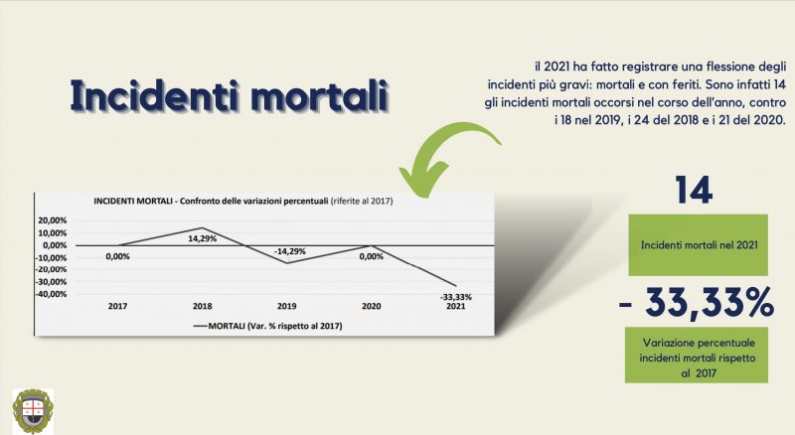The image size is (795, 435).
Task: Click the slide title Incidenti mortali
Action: tap(230, 95)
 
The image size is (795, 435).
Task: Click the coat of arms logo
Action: tap(33, 410)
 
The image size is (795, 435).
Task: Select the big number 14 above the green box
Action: tap(694, 190)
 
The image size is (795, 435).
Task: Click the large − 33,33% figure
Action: tap(697, 303)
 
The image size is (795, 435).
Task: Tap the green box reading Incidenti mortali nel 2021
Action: tap(699, 245)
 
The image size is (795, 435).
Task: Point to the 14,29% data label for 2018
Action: tap(203, 238)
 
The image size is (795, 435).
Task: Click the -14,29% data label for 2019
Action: tap(289, 251)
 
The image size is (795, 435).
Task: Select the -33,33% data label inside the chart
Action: tap(456, 297)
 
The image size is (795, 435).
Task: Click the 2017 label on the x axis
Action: tap(117, 306)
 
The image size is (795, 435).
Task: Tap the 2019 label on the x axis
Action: tap(286, 306)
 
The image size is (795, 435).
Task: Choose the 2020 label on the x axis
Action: tap(371, 306)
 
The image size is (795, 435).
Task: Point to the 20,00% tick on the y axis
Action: tap(53, 220)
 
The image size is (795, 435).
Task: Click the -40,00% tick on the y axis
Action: tap(52, 294)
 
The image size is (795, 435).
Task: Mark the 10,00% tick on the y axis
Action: tap(53, 233)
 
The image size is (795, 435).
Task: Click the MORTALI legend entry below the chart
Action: tap(267, 326)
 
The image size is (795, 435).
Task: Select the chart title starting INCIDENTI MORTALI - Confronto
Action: tap(243, 202)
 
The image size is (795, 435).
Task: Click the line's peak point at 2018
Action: tap(203, 228)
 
